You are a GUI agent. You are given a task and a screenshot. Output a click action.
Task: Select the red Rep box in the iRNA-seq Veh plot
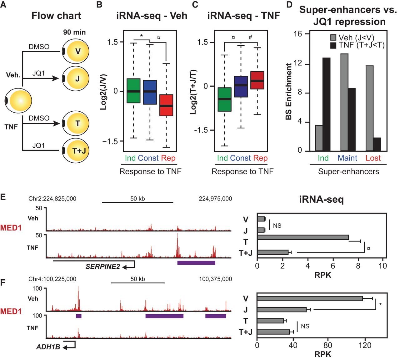[166, 105]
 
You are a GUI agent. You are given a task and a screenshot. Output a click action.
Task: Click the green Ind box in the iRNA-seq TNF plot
[224, 99]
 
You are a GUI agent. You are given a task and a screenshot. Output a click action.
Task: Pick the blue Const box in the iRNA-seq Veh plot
[150, 92]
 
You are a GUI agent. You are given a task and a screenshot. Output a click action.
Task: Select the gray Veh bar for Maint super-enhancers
[344, 102]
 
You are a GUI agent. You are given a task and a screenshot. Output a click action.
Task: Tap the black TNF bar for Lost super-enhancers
[377, 144]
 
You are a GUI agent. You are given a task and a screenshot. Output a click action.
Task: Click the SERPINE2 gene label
[103, 266]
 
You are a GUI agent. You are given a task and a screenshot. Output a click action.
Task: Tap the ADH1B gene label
[48, 347]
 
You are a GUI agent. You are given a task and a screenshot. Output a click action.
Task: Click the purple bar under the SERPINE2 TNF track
[196, 263]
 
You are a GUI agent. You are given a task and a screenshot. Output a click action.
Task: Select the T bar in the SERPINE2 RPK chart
[303, 237]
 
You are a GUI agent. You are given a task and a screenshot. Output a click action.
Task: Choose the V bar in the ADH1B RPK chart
[310, 298]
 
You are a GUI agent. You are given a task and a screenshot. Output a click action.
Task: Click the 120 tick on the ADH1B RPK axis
[365, 345]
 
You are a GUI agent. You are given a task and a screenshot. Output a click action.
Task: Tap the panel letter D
[289, 5]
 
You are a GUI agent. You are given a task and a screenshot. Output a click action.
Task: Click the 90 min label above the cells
[74, 32]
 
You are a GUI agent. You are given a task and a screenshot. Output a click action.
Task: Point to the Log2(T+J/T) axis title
[194, 91]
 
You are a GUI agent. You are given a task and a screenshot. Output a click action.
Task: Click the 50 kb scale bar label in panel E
[137, 199]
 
